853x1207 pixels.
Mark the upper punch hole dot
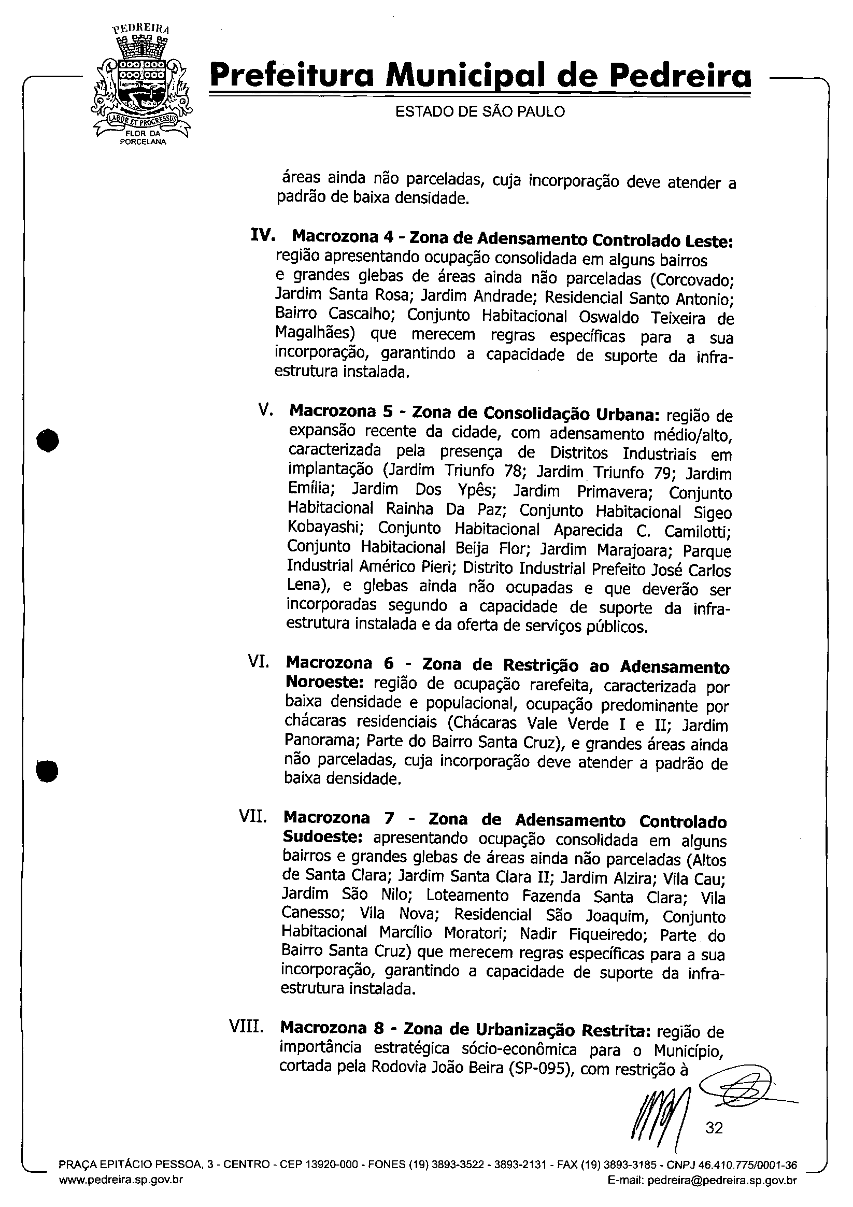[48, 441]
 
